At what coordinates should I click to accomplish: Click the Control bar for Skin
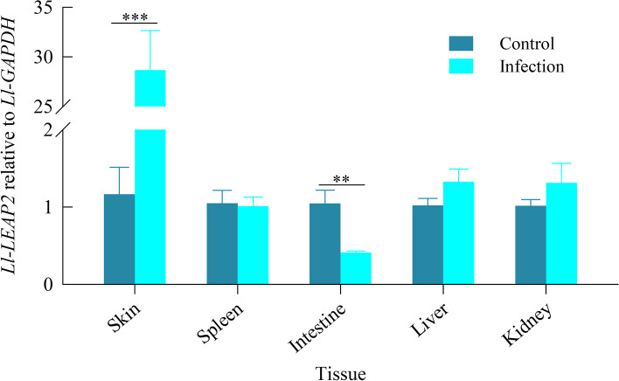(x=119, y=239)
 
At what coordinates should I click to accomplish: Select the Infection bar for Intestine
(x=356, y=268)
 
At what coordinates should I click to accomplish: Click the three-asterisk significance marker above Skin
(x=134, y=15)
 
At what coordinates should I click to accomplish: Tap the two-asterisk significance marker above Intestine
(x=341, y=180)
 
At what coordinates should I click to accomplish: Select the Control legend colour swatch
(x=461, y=44)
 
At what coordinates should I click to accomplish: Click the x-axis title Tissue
(x=341, y=372)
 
